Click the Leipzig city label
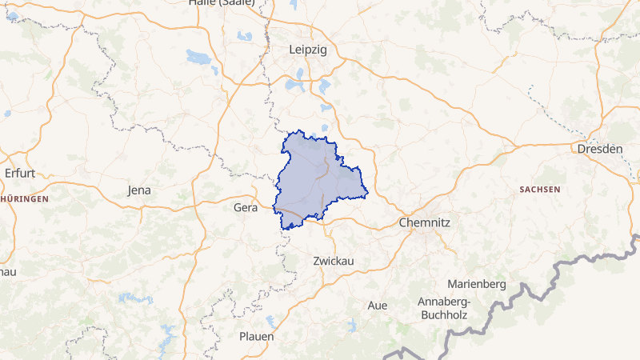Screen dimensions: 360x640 pos(307,50)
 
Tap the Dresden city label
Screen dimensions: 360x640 pos(599,149)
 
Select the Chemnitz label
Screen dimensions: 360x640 pos(425,223)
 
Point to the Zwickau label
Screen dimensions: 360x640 pos(334,261)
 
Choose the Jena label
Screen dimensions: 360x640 pos(138,190)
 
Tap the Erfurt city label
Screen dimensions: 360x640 pos(20,173)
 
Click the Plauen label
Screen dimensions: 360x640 pos(256,336)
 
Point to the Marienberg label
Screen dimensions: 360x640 pos(477,284)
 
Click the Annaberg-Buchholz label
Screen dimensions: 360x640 pos(444,308)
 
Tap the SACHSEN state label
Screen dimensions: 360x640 pos(539,190)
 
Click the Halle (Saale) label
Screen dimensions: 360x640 pos(222,2)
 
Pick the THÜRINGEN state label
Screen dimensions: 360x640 pos(24,198)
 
